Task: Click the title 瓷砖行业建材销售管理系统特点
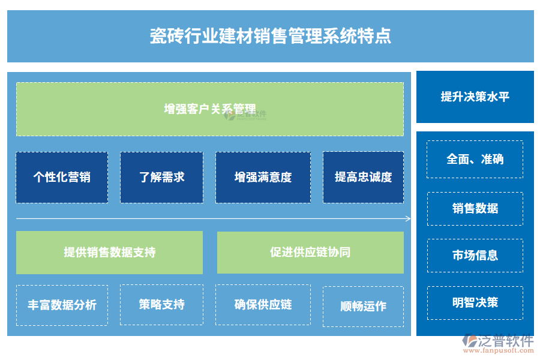click(x=270, y=36)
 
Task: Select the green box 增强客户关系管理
click(x=210, y=109)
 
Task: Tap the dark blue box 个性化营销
click(x=62, y=177)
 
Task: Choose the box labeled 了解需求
click(x=161, y=177)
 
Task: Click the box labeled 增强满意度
click(x=263, y=177)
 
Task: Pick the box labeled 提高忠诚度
click(x=363, y=177)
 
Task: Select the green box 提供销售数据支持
click(x=109, y=253)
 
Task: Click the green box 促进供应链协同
click(x=310, y=253)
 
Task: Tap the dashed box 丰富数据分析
click(x=62, y=305)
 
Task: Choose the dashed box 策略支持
click(x=161, y=305)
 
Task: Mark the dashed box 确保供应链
click(x=263, y=305)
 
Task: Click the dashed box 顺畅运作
click(x=363, y=306)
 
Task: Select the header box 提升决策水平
click(x=475, y=97)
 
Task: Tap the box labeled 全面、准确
click(x=475, y=159)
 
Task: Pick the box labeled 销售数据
click(x=475, y=208)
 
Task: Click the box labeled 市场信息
click(x=475, y=256)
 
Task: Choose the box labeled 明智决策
click(x=475, y=302)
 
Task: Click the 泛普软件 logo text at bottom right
click(x=505, y=341)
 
